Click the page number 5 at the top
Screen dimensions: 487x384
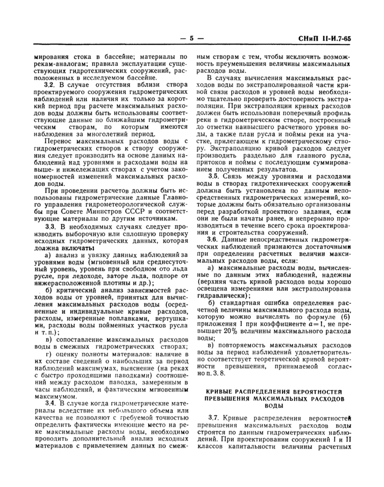coord(192,39)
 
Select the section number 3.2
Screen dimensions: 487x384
coord(50,87)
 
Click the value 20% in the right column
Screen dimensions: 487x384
coord(214,332)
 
